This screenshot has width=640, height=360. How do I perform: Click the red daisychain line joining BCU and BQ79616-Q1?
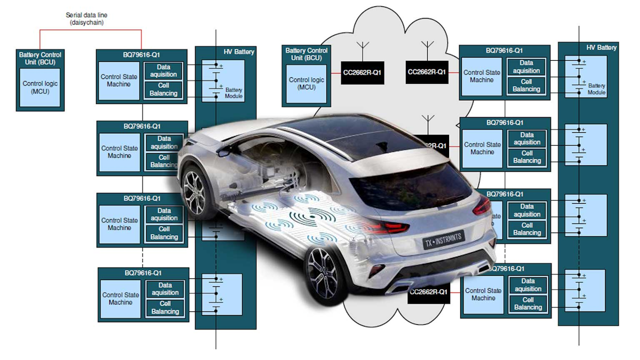point(91,30)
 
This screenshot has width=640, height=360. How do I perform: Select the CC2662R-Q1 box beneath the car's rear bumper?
point(428,292)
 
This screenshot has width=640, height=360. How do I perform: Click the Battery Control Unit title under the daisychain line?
point(40,58)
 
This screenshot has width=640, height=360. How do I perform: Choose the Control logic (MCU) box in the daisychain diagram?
point(40,87)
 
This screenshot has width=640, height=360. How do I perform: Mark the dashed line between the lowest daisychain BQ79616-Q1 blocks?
point(142,257)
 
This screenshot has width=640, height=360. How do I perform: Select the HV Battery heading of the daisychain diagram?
point(238,52)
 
